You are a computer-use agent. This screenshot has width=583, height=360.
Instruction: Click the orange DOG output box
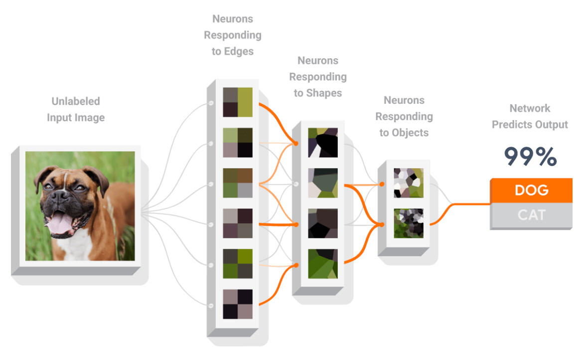(x=531, y=190)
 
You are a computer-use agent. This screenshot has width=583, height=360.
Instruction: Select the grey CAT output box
(x=531, y=215)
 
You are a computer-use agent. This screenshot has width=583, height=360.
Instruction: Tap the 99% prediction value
(x=530, y=157)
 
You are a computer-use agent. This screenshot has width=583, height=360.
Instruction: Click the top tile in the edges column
(x=238, y=102)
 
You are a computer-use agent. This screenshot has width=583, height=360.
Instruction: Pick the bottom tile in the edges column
(x=238, y=304)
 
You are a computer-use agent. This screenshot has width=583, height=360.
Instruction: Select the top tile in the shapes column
(x=322, y=143)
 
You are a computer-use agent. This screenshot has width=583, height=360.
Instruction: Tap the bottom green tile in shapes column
(x=322, y=264)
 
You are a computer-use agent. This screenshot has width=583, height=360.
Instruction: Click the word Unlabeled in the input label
(x=76, y=101)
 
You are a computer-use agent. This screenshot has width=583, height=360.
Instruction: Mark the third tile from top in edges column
(x=238, y=183)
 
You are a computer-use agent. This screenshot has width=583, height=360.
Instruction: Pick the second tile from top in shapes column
(x=322, y=183)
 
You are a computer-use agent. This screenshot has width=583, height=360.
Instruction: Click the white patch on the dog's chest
(x=75, y=247)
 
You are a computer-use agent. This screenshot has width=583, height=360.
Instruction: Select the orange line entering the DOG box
(x=473, y=204)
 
